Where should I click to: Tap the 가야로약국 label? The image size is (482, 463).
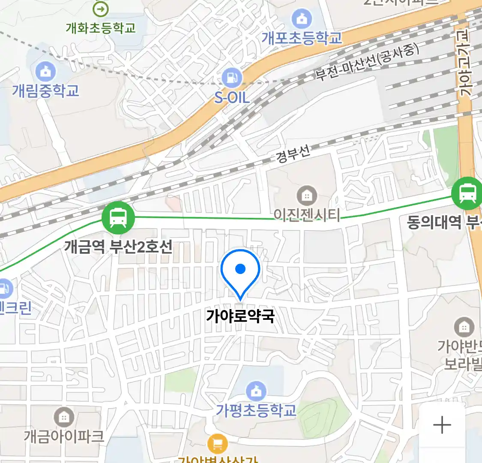(240, 316)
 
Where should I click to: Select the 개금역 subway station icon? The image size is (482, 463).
(118, 217)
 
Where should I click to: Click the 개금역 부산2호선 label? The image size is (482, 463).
(118, 247)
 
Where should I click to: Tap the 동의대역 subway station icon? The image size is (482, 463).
(467, 193)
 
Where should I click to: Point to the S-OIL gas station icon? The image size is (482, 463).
(232, 78)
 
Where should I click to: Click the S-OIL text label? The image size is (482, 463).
(232, 98)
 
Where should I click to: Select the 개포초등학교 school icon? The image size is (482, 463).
(302, 19)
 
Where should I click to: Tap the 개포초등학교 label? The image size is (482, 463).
(302, 38)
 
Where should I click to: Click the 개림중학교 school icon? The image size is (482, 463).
(45, 71)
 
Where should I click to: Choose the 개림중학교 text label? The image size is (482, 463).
(45, 91)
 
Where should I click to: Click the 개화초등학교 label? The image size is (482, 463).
(101, 28)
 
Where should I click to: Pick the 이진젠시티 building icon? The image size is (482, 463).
(306, 196)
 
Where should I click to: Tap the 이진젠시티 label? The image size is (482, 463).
(307, 215)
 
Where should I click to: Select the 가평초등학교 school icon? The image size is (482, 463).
(256, 391)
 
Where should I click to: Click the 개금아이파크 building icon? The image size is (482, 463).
(64, 417)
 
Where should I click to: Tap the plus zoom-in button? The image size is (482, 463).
(442, 425)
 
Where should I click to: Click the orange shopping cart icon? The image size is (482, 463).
(217, 444)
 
